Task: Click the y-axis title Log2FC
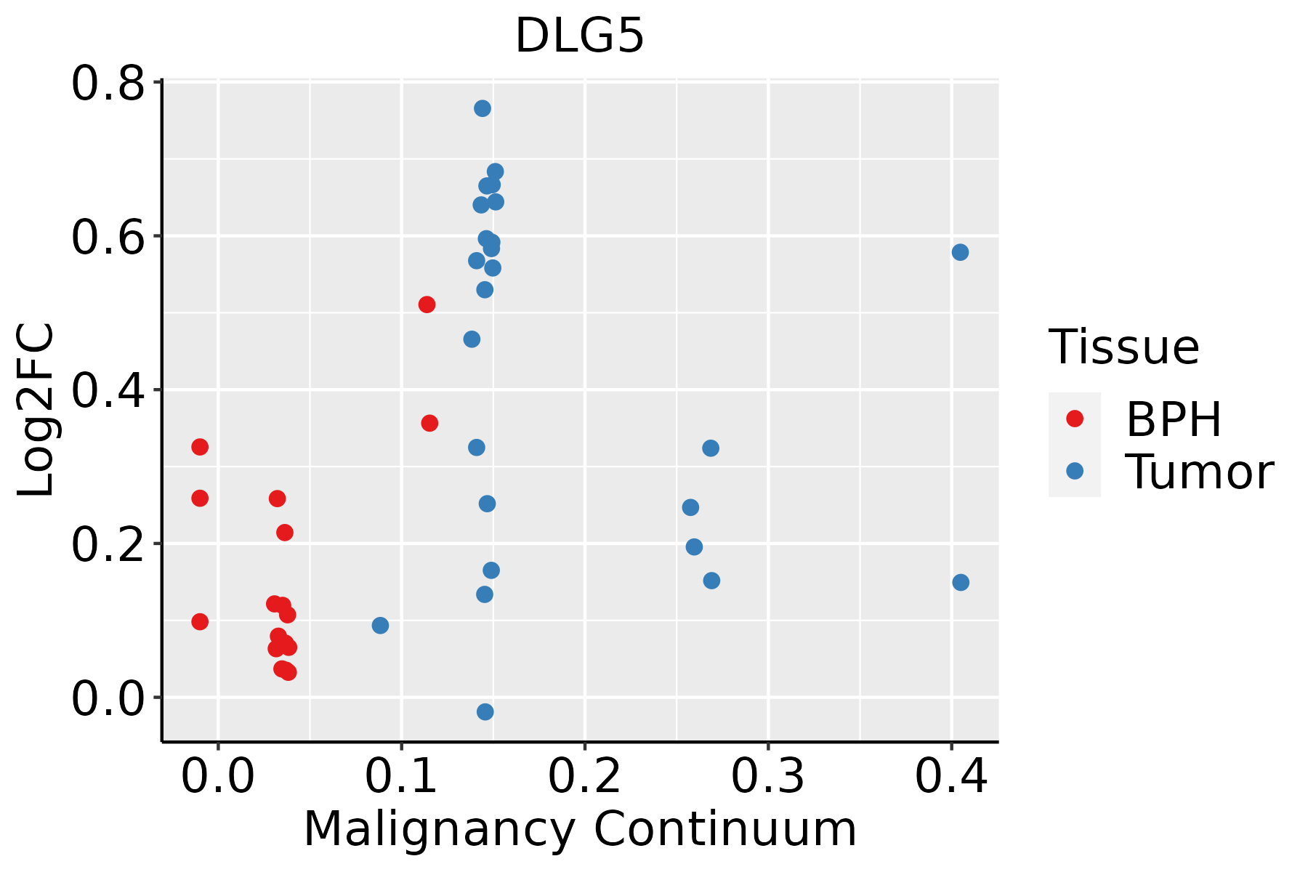coord(36,410)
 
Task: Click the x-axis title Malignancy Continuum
coord(579,829)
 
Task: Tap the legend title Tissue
coord(1123,347)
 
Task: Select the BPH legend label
coord(1173,419)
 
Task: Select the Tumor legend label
coord(1199,472)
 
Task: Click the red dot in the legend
coord(1074,418)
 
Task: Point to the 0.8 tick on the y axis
coord(108,84)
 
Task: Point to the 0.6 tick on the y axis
coord(108,237)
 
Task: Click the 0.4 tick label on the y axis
coord(108,390)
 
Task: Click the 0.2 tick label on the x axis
coord(584,776)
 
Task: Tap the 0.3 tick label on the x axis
coord(767,776)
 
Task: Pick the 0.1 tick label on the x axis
coord(401,776)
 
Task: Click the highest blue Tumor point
coord(483,108)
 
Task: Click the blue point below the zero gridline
coord(485,711)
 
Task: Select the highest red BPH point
coord(427,304)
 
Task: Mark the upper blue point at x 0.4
coord(960,252)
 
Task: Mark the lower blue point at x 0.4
coord(961,582)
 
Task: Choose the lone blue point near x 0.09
coord(380,625)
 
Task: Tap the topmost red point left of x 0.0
coord(200,447)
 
